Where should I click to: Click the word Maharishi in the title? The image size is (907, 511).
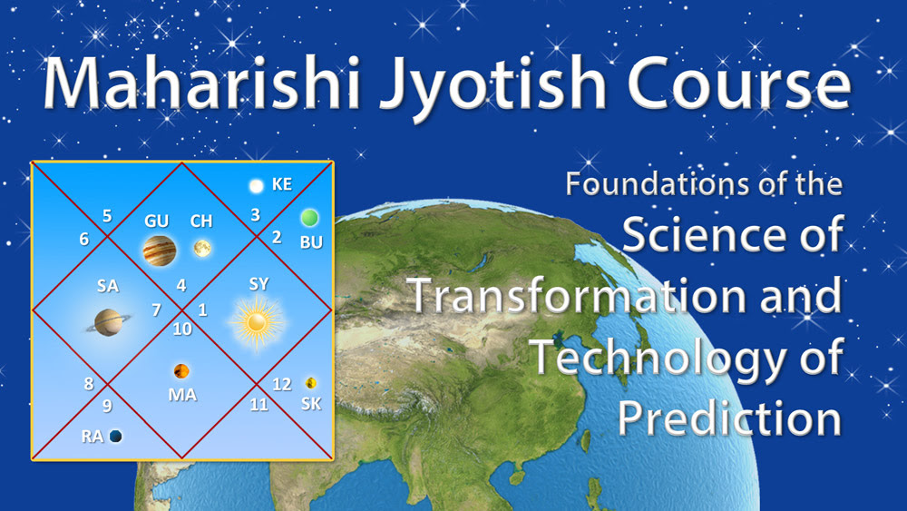202,83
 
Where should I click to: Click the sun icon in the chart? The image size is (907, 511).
257,323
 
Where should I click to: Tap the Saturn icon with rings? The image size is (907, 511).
108,322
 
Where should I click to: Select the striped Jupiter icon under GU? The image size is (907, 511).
159,251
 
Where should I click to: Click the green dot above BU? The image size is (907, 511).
309,218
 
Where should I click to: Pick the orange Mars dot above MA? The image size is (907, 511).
181,370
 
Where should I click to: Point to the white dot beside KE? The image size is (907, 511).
257,186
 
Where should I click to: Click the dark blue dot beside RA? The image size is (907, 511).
116,436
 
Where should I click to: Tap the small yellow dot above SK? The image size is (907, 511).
310,382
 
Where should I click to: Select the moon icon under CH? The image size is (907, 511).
202,249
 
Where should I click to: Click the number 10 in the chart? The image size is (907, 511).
182,329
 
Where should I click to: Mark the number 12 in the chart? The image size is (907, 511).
282,384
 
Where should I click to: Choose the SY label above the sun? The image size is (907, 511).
258,284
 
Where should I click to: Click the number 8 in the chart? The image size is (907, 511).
89,384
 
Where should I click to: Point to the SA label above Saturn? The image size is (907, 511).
108,286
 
